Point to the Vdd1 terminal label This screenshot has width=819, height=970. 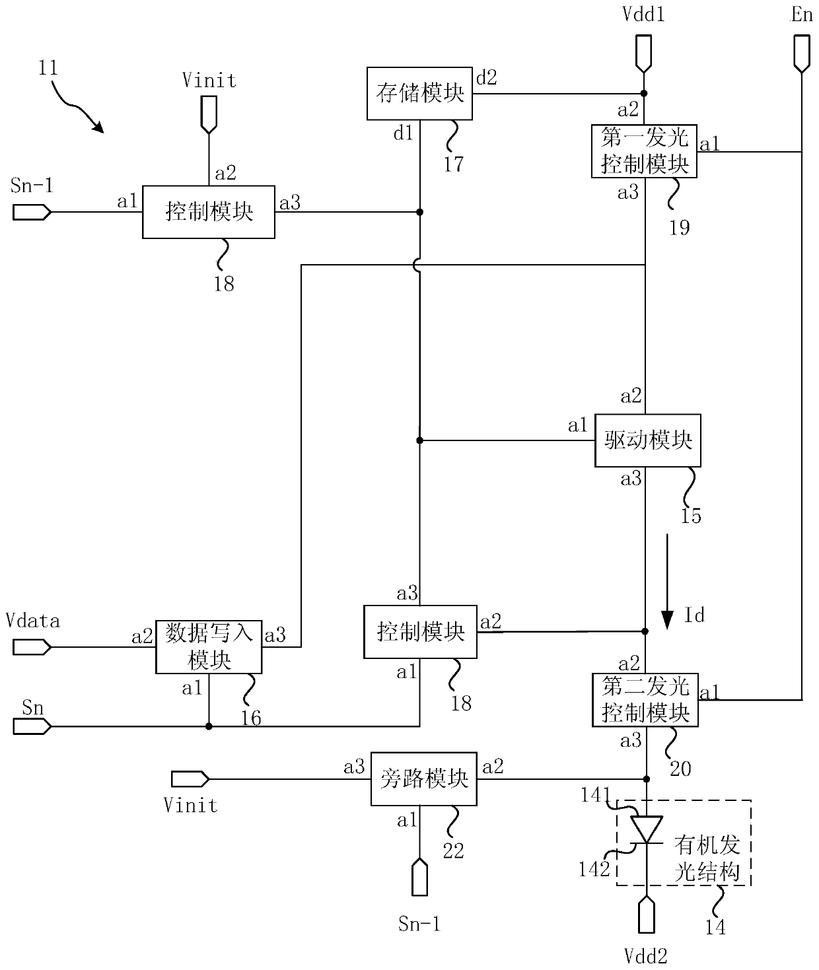tap(643, 15)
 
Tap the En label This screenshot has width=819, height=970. tap(801, 15)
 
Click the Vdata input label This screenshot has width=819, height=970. tap(33, 621)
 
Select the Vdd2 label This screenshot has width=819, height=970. tap(646, 956)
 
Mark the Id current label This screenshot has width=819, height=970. tap(694, 615)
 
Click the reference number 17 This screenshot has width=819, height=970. tap(454, 164)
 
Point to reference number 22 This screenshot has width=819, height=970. tap(453, 850)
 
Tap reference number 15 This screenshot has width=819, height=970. tap(691, 516)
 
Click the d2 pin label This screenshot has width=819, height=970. tap(487, 77)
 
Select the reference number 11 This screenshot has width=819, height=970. tap(48, 68)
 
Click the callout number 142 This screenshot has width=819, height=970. tap(594, 869)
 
